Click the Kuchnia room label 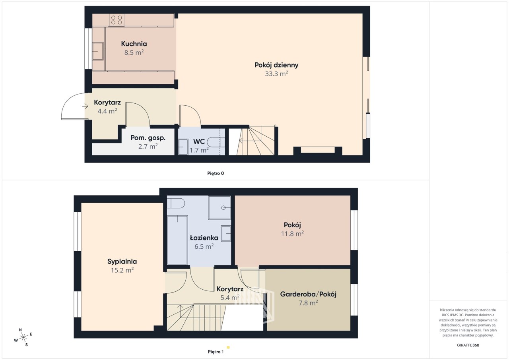[134, 44]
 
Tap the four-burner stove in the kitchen [117, 20]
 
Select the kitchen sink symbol [98, 51]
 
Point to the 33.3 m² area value [276, 74]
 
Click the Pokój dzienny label [276, 65]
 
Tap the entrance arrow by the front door [85, 106]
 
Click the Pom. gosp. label [148, 138]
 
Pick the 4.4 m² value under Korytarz [107, 111]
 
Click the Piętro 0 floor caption [216, 173]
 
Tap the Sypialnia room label [122, 261]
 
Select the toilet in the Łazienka [176, 203]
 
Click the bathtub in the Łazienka [177, 240]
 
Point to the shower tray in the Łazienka [220, 208]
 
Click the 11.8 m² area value [292, 234]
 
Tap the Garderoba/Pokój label [308, 294]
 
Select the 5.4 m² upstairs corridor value [230, 298]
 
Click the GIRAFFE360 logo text [468, 345]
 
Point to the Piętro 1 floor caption [216, 352]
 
